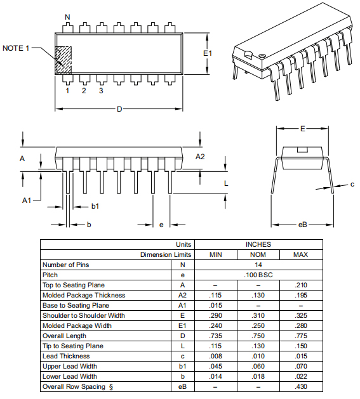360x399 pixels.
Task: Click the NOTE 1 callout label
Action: coord(17,48)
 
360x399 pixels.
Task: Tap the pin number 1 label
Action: coord(67,91)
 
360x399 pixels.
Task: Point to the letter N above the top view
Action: coord(67,16)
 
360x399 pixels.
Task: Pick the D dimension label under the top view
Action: coord(119,109)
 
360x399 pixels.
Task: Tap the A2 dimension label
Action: coord(200,157)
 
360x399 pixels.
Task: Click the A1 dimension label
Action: coord(27,200)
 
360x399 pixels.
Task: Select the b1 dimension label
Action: coord(95,206)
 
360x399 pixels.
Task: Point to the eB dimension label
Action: coord(303,225)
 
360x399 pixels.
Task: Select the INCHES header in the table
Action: coord(258,244)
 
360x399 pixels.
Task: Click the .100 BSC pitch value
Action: coord(258,275)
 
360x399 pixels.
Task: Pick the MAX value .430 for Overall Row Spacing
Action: coord(301,386)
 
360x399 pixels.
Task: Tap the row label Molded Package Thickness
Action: coord(84,295)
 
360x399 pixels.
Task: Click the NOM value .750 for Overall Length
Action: coord(258,336)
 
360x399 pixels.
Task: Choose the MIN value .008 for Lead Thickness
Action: coord(216,356)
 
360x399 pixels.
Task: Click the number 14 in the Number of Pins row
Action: coord(258,265)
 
